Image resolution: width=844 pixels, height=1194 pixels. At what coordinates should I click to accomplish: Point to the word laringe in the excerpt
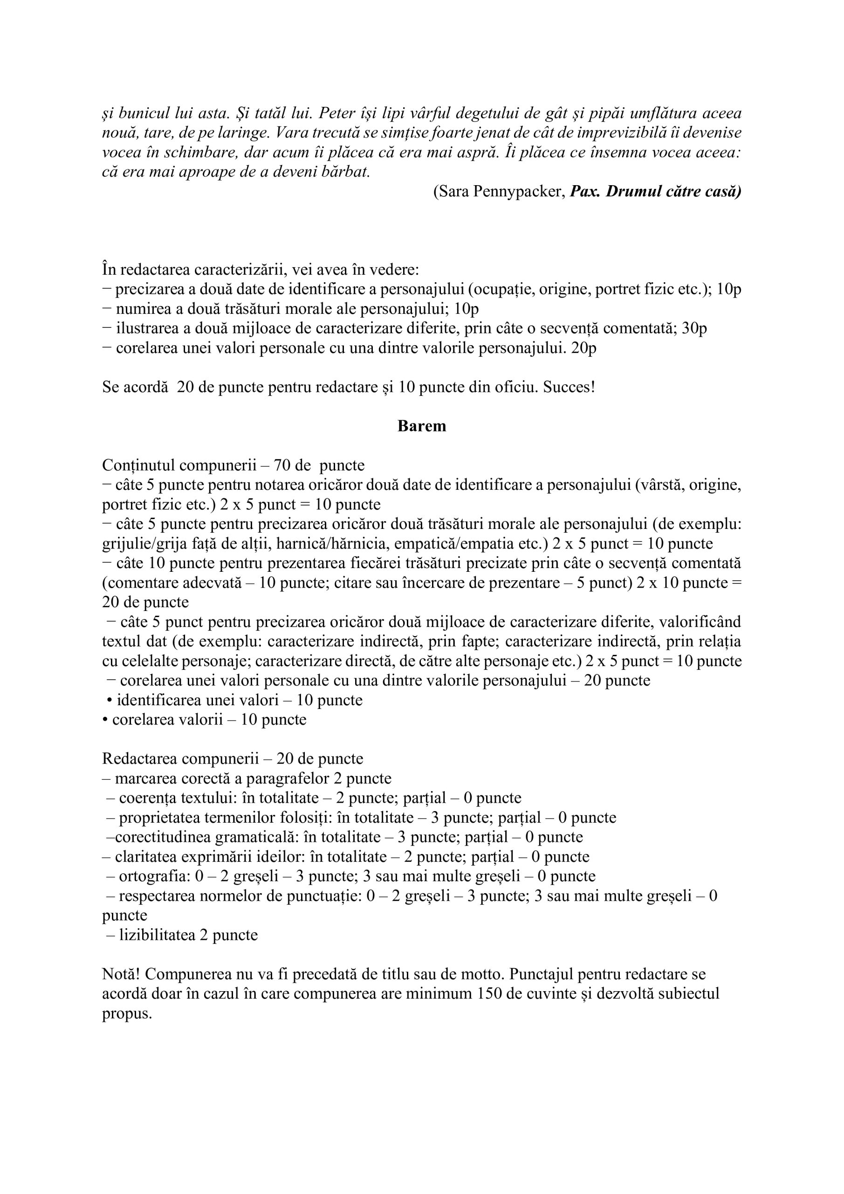click(244, 133)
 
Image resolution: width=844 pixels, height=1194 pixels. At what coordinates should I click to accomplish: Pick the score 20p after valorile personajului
click(583, 348)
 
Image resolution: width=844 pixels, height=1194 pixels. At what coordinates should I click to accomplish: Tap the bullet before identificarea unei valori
click(109, 701)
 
